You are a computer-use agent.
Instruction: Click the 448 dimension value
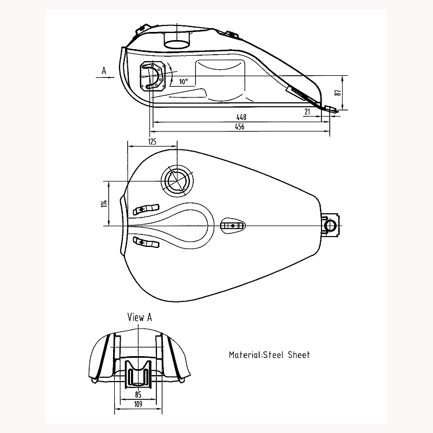point(241,117)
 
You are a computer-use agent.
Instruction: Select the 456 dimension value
point(239,127)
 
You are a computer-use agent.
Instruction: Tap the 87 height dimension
point(338,93)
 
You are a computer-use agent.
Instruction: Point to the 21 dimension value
point(307,111)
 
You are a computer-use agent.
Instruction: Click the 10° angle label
point(183,82)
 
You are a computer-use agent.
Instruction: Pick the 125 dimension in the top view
point(152,141)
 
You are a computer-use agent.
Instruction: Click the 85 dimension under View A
point(139,395)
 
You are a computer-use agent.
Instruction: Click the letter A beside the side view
point(102,70)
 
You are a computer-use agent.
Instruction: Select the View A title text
point(139,318)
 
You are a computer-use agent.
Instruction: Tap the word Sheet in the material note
point(299,355)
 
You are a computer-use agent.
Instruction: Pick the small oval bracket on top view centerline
point(233,225)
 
